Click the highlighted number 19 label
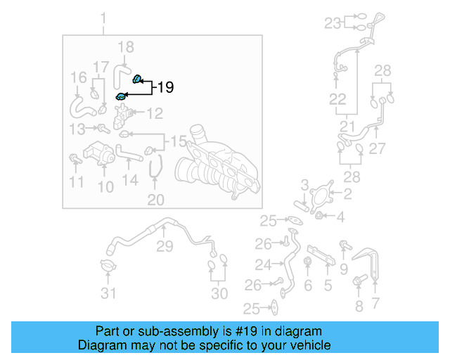[165, 87]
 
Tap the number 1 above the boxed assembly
[103, 17]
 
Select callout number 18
[125, 48]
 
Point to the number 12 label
[154, 112]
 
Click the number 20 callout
[155, 200]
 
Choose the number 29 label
[164, 246]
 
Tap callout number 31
[108, 293]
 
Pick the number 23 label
[332, 22]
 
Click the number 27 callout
[378, 148]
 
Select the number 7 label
[375, 304]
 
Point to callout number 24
[263, 265]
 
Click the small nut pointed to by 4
[320, 216]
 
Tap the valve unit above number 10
[98, 153]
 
